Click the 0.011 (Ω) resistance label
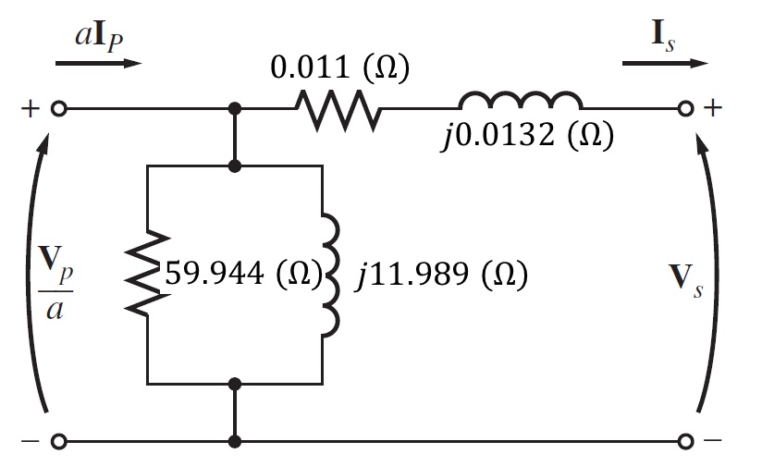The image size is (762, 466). point(338,70)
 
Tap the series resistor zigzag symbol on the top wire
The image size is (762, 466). point(338,110)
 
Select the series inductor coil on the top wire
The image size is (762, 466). point(521,102)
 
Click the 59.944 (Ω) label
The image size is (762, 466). point(241,275)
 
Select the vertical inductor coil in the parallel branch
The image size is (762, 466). point(328,275)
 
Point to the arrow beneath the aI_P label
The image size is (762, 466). point(98,64)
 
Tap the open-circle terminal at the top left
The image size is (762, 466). point(58,109)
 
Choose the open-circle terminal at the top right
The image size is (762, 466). point(685,109)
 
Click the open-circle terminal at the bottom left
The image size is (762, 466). point(58,441)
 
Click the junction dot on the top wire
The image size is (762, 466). point(236,109)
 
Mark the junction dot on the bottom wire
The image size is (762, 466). point(236,441)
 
